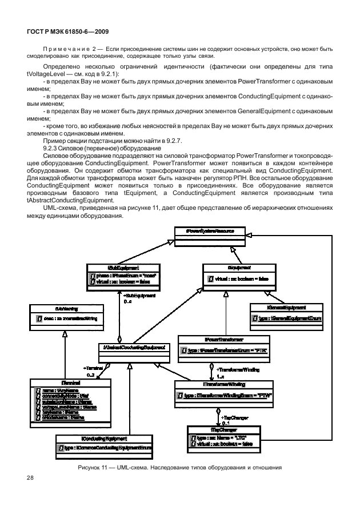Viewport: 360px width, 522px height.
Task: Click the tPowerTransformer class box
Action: coord(211,348)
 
